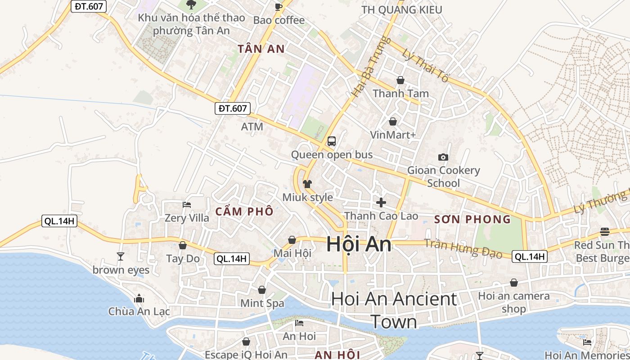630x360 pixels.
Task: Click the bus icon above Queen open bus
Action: (332, 141)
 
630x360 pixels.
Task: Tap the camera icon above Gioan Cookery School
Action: (443, 157)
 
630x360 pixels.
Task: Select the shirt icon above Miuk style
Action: (307, 184)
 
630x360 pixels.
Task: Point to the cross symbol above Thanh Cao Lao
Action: (381, 202)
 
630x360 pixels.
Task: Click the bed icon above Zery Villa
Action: (187, 205)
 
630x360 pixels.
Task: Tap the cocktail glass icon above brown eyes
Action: (120, 256)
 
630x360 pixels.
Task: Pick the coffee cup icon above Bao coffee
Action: (279, 7)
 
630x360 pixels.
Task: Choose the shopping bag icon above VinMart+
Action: (393, 121)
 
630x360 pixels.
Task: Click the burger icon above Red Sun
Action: (605, 232)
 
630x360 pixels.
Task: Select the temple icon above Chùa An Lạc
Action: (139, 298)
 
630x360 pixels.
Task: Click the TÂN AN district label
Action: (261, 49)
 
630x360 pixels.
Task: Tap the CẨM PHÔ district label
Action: (244, 211)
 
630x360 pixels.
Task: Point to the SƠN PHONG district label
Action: (472, 220)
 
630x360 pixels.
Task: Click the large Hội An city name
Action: (359, 244)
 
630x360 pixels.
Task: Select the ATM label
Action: (252, 127)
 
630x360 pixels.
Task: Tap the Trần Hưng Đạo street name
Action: (463, 248)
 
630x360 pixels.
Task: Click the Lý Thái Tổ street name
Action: (426, 65)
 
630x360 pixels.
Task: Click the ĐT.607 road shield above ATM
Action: (232, 108)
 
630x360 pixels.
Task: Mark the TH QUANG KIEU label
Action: (402, 9)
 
